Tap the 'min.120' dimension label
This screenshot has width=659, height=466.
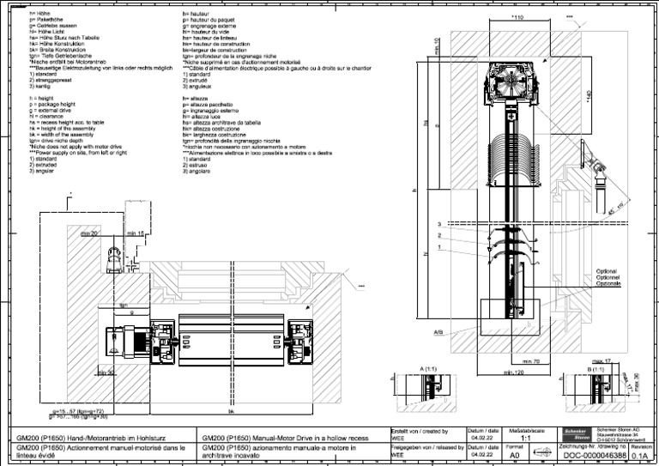[512, 372]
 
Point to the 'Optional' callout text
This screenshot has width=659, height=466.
[607, 272]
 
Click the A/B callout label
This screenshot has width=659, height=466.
[438, 331]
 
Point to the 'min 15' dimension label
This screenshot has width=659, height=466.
[135, 233]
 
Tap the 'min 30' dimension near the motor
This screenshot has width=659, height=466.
[105, 372]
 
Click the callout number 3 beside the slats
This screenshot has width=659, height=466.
[439, 224]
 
